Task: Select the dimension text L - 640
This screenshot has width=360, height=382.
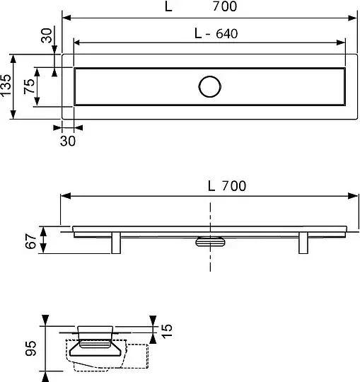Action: point(216,33)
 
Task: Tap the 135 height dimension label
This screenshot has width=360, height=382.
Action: point(6,86)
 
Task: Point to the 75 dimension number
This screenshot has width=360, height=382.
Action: point(29,86)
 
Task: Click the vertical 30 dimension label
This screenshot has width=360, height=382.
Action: point(46,35)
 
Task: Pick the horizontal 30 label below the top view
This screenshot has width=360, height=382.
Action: point(68,141)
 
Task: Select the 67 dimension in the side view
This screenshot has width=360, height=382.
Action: point(30,241)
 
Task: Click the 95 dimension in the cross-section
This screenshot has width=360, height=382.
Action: point(30,348)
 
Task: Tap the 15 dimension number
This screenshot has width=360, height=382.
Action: point(167,331)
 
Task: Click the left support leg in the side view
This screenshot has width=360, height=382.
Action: point(116,243)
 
